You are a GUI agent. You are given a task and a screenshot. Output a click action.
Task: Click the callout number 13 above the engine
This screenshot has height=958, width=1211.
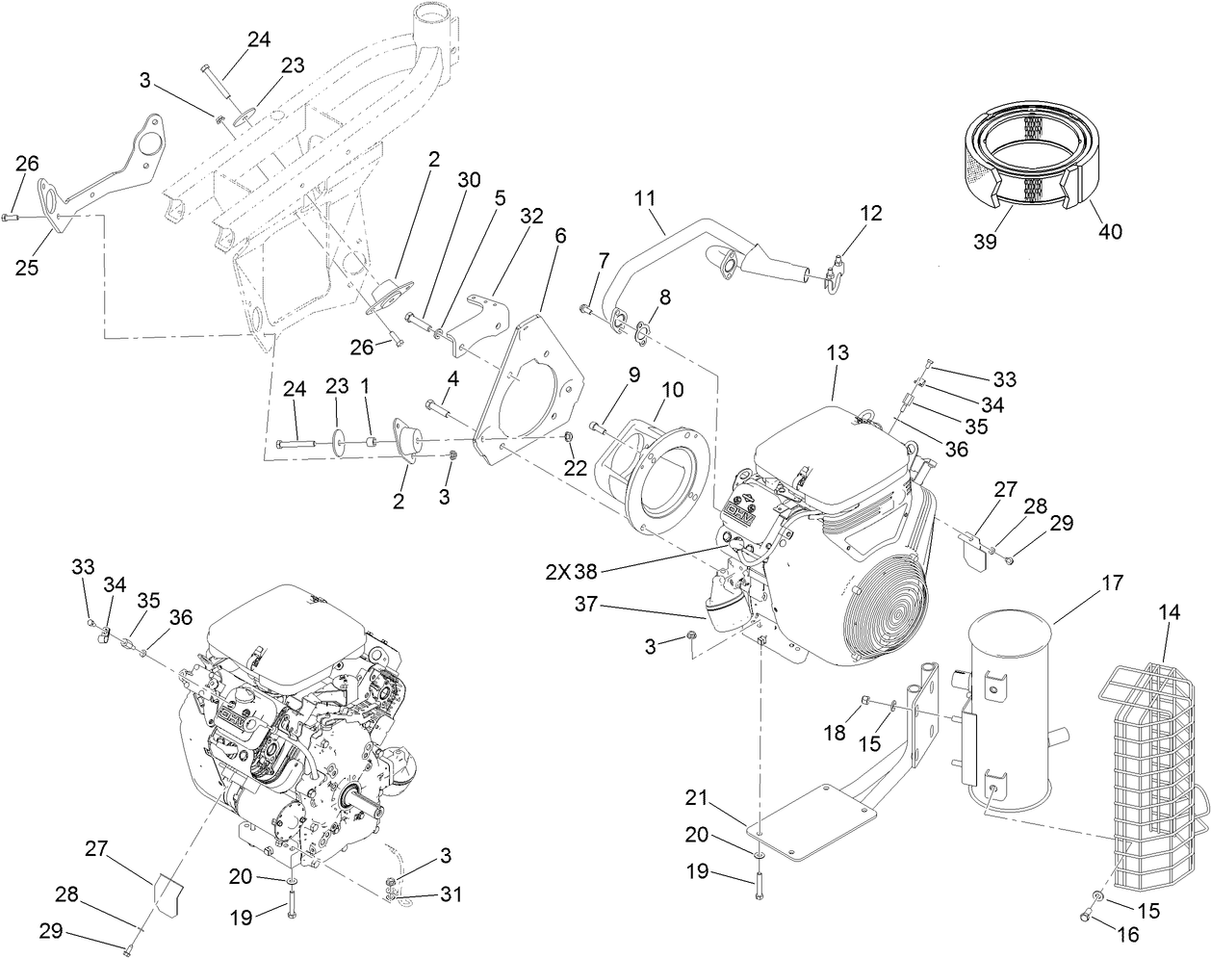[x=837, y=353]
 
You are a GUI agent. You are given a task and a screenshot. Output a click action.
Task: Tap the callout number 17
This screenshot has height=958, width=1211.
[x=1112, y=583]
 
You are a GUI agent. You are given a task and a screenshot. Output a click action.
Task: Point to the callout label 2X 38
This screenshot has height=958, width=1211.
[x=572, y=571]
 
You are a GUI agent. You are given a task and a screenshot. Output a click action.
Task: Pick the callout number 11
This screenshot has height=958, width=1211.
[x=645, y=198]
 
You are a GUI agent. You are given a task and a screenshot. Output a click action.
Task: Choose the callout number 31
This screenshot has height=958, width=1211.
[x=450, y=894]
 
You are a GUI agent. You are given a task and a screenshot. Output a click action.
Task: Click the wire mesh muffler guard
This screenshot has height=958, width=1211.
[x=1150, y=761]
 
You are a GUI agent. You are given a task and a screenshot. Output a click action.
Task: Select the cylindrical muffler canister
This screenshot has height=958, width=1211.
[x=1011, y=712]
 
